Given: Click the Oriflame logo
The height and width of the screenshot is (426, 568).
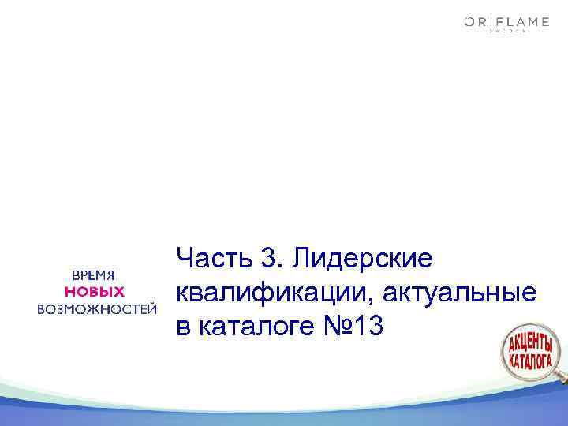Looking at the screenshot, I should [x=506, y=24].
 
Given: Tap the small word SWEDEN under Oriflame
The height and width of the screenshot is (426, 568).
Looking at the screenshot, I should [x=506, y=34].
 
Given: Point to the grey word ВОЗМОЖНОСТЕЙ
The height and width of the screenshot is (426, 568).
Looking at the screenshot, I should [x=94, y=308].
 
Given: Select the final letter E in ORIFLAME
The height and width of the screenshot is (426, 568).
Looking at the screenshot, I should [x=544, y=23].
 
